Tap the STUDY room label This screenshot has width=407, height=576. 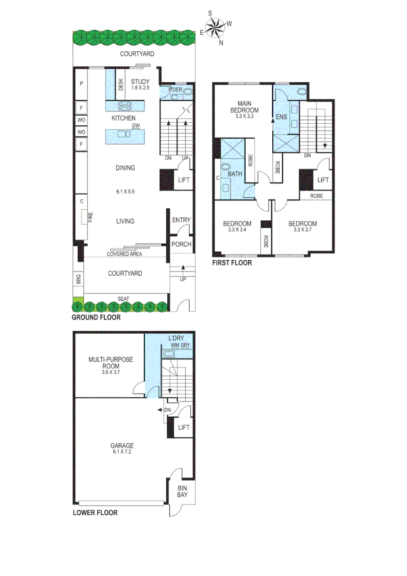pos(141,82)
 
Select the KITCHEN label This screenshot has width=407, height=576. pos(123,118)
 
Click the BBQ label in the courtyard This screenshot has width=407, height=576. pos(78,279)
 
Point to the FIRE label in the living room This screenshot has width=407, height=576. pos(91,217)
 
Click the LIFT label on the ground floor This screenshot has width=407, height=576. pos(183,180)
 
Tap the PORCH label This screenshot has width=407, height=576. pos(181,244)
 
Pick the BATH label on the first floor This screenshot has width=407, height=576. pos(235,174)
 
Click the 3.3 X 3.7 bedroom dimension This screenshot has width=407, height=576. pos(302,230)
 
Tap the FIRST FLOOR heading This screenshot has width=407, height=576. pos(232,263)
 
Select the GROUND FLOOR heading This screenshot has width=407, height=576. pos(96,317)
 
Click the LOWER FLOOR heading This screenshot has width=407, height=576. pos(95,513)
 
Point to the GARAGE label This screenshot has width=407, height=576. pos(123,445)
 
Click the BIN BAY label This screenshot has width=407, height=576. pos(183,491)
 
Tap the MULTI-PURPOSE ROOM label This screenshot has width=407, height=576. pos(111,363)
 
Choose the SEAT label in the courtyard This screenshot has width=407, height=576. pos(123,299)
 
